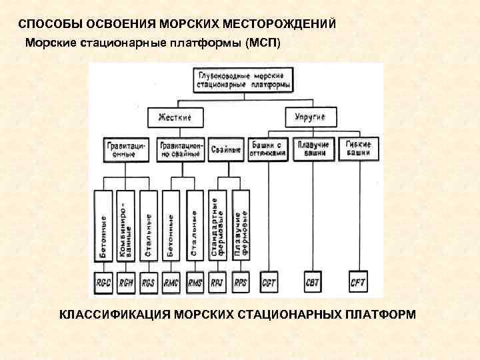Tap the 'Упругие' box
click(310, 117)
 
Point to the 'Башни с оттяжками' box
click(269, 149)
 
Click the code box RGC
click(104, 283)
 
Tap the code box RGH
click(127, 283)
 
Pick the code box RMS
click(195, 283)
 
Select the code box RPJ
click(218, 283)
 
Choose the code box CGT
click(269, 283)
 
